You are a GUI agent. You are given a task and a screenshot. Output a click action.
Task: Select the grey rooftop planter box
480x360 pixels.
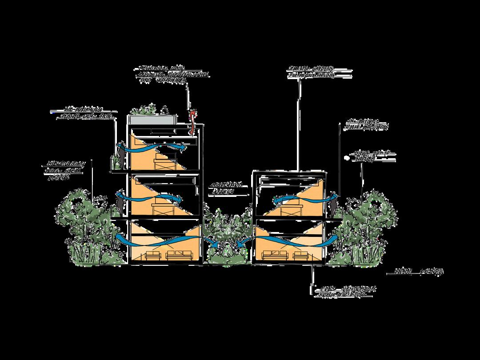click(x=152, y=120)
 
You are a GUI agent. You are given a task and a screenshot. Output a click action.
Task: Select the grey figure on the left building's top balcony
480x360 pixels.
click(x=120, y=159)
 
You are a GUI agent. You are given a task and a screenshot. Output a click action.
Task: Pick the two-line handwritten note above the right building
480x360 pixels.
click(x=312, y=72)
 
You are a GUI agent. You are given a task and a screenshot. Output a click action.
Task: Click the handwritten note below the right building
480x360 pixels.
click(x=348, y=292)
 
